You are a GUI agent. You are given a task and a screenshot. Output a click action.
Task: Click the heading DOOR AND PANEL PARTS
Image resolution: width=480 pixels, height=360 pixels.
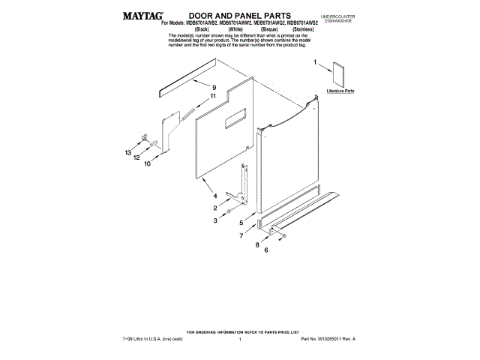(229, 14)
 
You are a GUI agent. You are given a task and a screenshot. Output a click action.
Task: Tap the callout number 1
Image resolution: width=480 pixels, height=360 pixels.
(315, 63)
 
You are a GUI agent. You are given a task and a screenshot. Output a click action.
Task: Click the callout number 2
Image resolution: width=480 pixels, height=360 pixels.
(215, 208)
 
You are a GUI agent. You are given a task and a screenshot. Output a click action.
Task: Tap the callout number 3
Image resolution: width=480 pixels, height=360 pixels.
(215, 220)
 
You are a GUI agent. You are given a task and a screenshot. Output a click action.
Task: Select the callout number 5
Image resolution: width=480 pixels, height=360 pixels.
(241, 223)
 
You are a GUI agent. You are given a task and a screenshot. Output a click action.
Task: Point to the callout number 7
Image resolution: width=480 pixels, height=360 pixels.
(241, 235)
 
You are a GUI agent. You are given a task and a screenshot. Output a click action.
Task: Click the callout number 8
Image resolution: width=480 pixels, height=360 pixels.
(256, 244)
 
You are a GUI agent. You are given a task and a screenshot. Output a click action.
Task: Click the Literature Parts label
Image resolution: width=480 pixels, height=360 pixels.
(340, 90)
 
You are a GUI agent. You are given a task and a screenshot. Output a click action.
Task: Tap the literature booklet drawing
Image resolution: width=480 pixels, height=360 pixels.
(339, 73)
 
